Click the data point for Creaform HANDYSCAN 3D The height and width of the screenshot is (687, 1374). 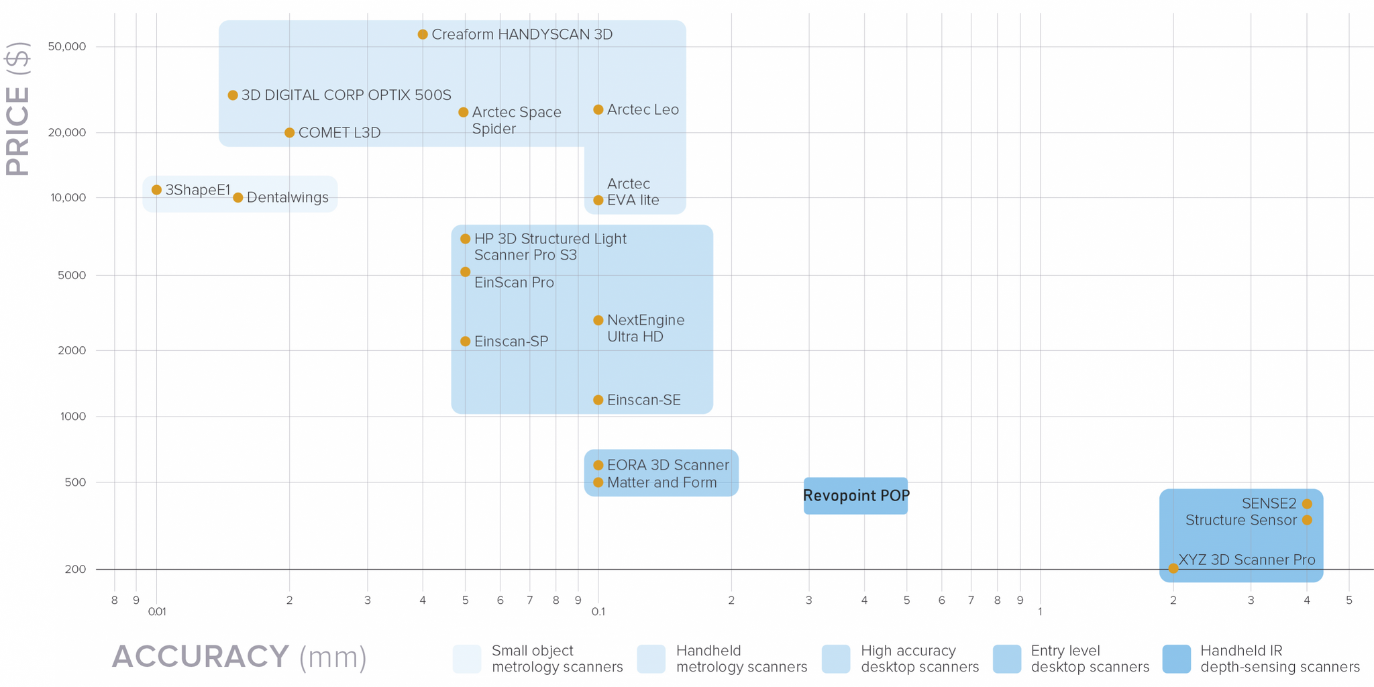tap(423, 34)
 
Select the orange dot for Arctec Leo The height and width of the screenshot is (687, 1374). tap(598, 109)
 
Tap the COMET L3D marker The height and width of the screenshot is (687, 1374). tap(289, 133)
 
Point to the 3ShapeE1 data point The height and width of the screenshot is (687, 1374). tap(156, 190)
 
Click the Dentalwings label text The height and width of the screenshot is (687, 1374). tap(287, 197)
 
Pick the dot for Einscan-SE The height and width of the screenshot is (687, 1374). tap(598, 400)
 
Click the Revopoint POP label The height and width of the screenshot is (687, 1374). tap(856, 496)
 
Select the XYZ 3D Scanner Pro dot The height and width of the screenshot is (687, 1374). tap(1173, 568)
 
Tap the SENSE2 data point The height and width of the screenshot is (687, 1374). tap(1307, 504)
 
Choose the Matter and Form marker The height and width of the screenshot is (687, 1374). tap(598, 482)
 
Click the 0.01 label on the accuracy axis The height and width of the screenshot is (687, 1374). tap(157, 612)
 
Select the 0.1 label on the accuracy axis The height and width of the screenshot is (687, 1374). tap(598, 612)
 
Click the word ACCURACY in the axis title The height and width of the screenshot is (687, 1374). tap(201, 656)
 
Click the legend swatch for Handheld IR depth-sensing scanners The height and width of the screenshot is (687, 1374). tap(1177, 659)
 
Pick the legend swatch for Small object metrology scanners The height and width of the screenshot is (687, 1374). tap(467, 659)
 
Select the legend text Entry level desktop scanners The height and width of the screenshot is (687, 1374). tap(1090, 659)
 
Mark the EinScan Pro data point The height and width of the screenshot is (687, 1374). tap(466, 272)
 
